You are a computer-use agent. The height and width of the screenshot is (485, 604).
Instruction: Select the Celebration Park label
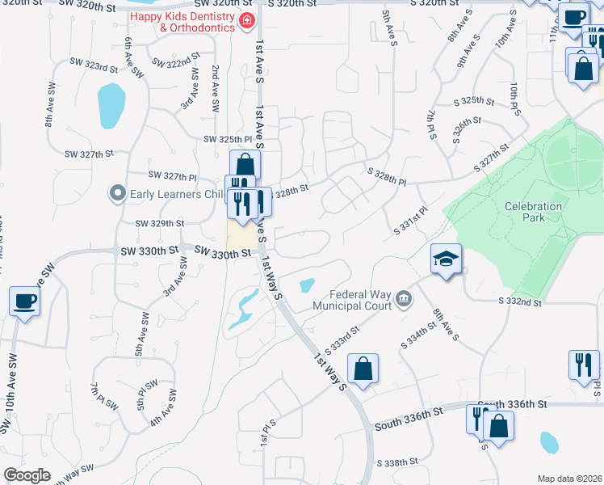pyautogui.click(x=533, y=212)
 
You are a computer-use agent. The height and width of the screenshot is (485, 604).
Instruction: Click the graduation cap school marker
pyautogui.click(x=446, y=259)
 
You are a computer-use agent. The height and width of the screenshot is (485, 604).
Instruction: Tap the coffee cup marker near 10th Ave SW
pyautogui.click(x=25, y=302)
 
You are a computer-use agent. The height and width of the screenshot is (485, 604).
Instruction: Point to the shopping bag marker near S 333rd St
pyautogui.click(x=364, y=369)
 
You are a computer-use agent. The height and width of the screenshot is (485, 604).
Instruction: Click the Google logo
pyautogui.click(x=27, y=475)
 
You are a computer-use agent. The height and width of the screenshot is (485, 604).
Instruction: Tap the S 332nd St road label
pyautogui.click(x=518, y=302)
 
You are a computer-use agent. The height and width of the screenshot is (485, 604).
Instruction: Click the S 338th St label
pyautogui.click(x=398, y=463)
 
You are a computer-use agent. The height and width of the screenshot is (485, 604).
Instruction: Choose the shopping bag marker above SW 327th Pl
pyautogui.click(x=245, y=166)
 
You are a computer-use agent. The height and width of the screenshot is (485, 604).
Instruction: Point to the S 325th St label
pyautogui.click(x=473, y=101)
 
